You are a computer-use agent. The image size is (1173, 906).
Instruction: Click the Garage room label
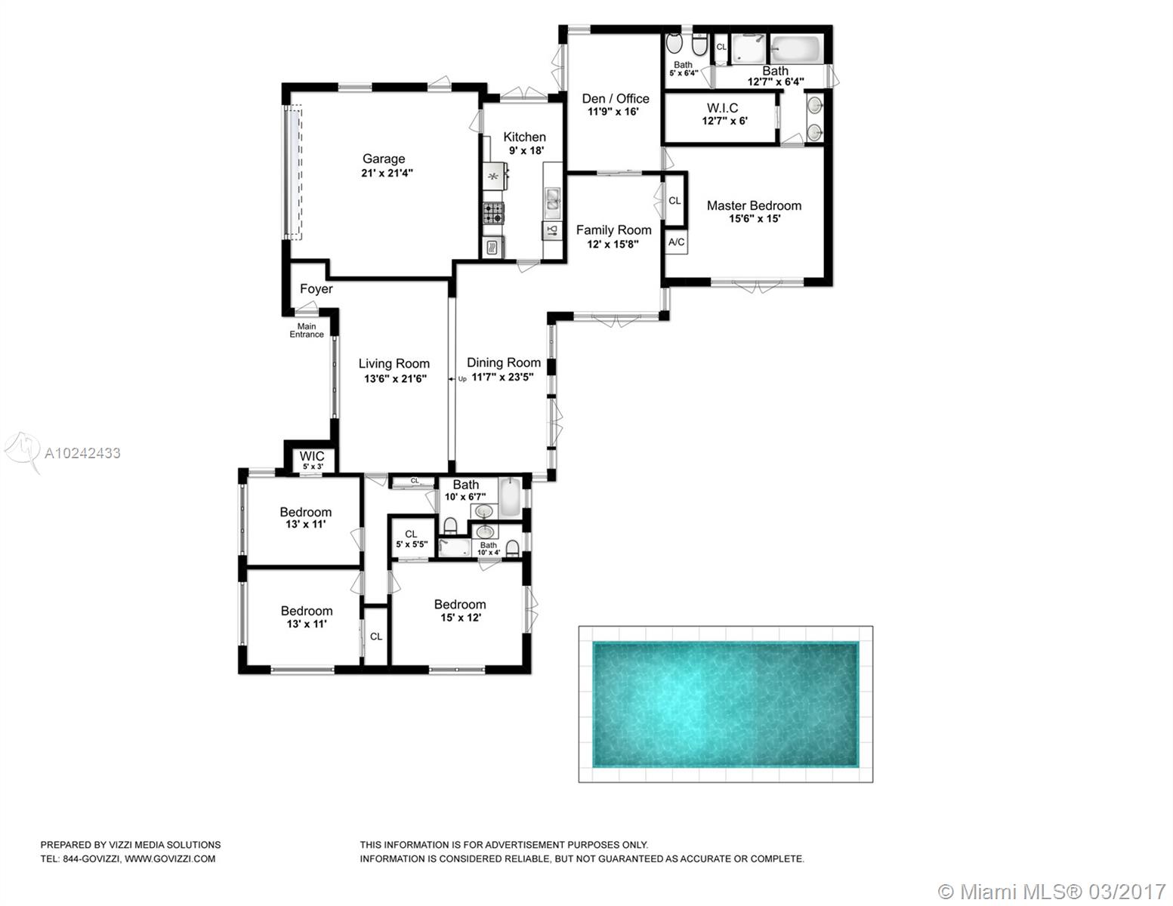383,159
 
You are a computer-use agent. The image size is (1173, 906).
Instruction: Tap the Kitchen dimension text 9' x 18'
526,150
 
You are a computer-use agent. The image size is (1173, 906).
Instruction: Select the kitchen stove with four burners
493,213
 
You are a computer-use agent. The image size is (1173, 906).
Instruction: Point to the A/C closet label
676,242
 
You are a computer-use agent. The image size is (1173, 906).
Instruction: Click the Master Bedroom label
754,205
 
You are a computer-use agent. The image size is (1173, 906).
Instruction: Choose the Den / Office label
615,99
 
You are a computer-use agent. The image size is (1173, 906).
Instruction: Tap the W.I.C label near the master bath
722,108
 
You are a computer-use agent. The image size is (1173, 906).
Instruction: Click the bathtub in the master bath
795,50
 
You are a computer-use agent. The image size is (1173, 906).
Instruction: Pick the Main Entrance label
307,330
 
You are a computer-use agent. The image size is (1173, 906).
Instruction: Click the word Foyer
316,288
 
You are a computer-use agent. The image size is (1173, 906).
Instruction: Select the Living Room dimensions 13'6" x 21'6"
395,379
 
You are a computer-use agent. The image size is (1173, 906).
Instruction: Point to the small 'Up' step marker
462,379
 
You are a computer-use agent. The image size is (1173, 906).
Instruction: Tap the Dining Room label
504,362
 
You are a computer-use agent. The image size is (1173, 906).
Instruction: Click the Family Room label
613,230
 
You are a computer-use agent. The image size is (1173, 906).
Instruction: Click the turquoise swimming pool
726,704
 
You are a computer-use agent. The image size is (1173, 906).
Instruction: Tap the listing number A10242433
82,453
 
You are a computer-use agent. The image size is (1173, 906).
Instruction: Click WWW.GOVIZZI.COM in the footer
170,858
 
